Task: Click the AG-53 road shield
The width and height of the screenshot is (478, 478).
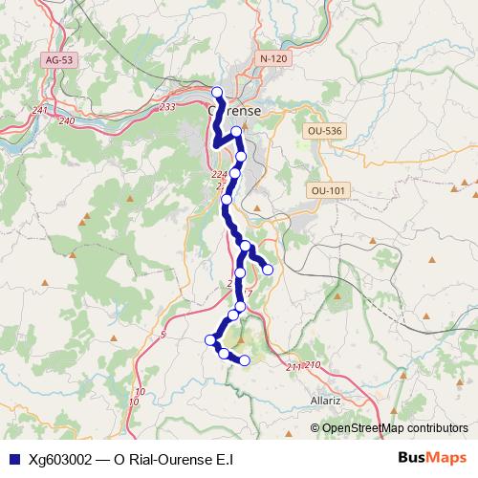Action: (x=59, y=60)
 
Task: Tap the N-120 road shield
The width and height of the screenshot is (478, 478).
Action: (x=273, y=59)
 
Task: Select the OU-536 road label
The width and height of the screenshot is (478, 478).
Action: (x=325, y=130)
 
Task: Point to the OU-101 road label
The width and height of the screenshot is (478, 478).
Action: (x=327, y=191)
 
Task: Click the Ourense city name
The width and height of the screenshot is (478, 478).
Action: (x=234, y=111)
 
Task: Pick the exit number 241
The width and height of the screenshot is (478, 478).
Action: (x=39, y=110)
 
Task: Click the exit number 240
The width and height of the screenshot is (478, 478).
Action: (x=66, y=120)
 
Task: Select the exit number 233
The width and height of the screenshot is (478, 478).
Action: (x=167, y=107)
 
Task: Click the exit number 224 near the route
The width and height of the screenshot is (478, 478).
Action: (x=219, y=175)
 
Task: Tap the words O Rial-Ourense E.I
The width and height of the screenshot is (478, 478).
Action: (x=173, y=459)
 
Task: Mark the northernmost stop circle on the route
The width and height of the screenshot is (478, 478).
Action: (x=217, y=93)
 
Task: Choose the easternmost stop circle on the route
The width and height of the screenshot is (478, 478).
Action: (x=268, y=270)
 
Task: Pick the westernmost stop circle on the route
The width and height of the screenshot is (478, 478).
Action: (x=210, y=339)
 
